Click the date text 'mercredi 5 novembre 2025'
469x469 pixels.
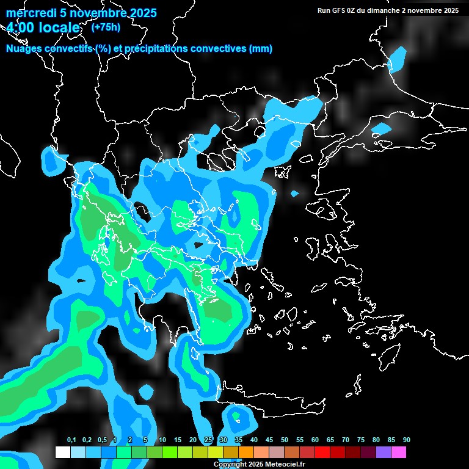click(81, 13)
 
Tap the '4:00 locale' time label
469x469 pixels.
click(43, 28)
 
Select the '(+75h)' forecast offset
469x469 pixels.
click(106, 27)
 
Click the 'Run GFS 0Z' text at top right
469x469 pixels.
click(344, 10)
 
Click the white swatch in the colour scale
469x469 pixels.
click(63, 453)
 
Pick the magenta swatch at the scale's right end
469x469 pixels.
click(399, 453)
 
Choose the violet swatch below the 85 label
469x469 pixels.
click(384, 453)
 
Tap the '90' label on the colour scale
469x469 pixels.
click(407, 440)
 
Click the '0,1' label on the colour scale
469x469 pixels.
click(71, 440)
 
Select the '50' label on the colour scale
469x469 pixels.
click(285, 440)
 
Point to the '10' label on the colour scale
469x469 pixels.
click(162, 440)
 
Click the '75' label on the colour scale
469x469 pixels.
click(361, 440)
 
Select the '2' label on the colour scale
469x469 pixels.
click(130, 440)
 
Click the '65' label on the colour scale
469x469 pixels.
click(330, 440)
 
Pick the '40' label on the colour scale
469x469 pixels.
click(254, 440)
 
